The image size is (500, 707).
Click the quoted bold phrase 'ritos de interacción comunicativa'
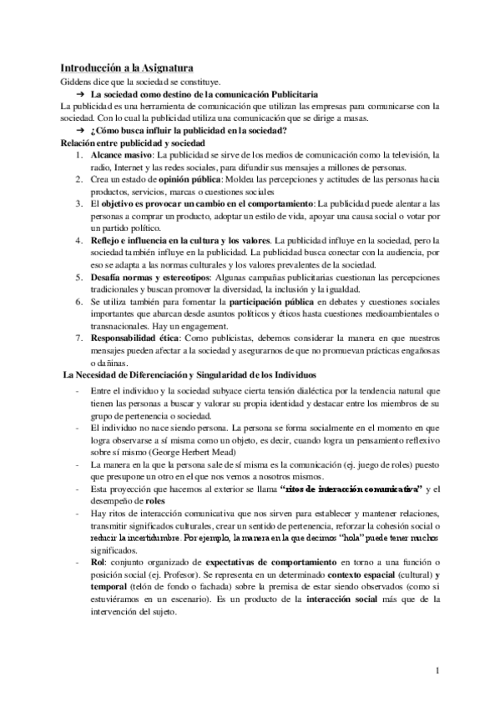(351, 488)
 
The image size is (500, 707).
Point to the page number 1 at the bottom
(437, 669)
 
